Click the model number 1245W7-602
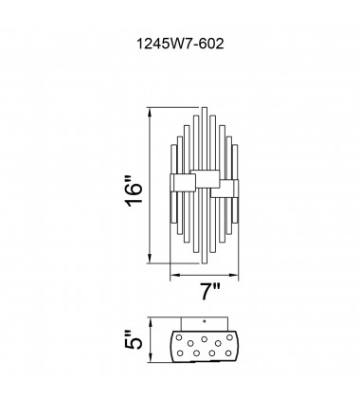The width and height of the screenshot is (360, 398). pos(180,44)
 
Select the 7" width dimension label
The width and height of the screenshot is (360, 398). pos(210,291)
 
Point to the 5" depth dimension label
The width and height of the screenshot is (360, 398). pos(134,340)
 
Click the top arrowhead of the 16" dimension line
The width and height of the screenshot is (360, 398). pos(150,111)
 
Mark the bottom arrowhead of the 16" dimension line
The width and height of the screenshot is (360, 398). pos(150,259)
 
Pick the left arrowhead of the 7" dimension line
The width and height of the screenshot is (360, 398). pos(174,276)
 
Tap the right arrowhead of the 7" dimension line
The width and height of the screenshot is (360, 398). pos(234,276)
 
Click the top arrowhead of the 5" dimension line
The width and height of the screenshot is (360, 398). pos(150,321)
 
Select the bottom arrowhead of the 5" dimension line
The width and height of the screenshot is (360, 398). pos(150,359)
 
